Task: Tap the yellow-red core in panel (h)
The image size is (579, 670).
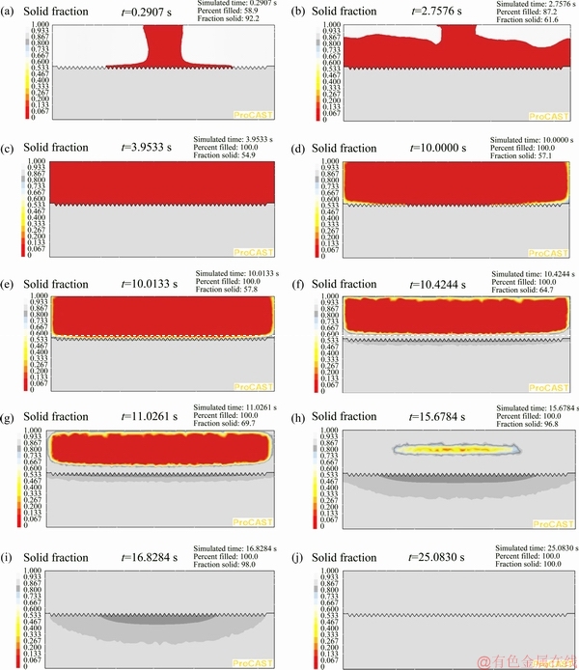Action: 454,449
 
